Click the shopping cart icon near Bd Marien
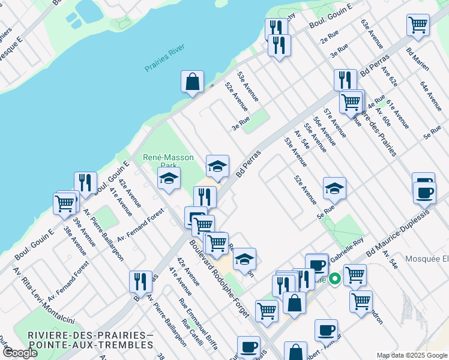418,25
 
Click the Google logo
19,353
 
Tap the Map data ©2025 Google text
411,356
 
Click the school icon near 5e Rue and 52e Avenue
334,188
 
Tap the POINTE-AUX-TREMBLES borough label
91,345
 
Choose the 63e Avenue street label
372,34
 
